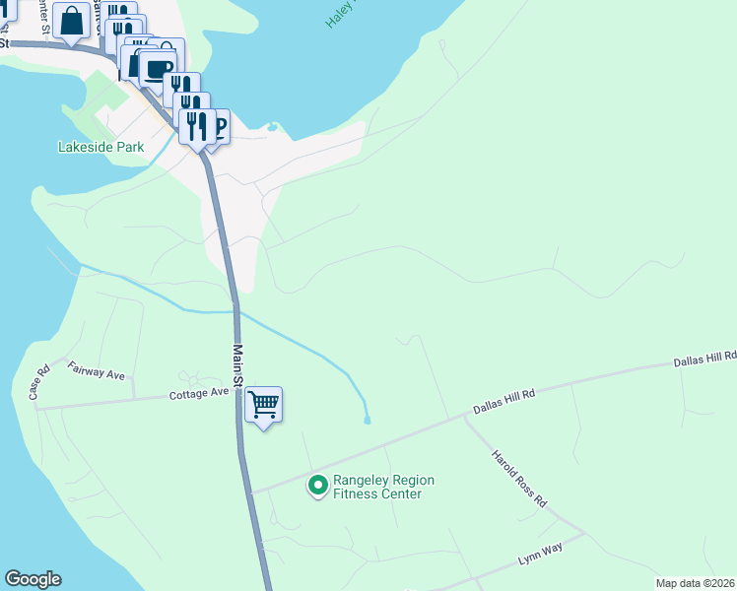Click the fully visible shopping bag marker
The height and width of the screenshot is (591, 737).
coord(73,21)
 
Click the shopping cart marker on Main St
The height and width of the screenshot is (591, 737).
coord(263,404)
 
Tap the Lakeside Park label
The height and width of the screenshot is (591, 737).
coord(101,148)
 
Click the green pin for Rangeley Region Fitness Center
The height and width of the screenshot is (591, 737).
coord(318,486)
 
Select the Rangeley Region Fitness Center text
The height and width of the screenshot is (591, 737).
coord(383,487)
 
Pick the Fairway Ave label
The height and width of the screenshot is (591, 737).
coord(97,371)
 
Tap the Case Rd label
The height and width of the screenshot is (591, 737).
coord(39,383)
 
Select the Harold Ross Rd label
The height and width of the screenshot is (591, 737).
coord(519,480)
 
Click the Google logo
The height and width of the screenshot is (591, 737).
coord(33,579)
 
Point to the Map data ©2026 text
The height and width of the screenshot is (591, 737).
coord(695,583)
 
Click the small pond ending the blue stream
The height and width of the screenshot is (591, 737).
coord(368,421)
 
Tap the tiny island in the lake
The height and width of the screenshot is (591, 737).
coord(273,126)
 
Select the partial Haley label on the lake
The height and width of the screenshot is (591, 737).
coord(340,14)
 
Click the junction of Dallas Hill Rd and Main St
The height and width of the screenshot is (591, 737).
coord(251,492)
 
